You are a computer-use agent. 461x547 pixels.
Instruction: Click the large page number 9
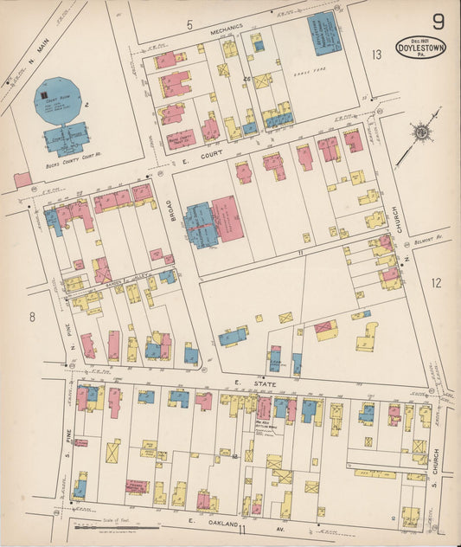(x=439, y=21)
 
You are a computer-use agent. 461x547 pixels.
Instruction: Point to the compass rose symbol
(x=421, y=132)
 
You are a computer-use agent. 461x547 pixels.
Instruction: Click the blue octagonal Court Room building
(x=56, y=100)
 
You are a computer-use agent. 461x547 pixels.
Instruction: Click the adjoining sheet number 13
(x=375, y=55)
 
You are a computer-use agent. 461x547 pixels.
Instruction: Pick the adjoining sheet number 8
(x=32, y=317)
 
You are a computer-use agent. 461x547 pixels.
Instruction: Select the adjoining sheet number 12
(x=436, y=282)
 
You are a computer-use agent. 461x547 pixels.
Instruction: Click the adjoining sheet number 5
(x=189, y=24)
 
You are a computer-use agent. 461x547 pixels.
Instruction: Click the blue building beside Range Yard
(x=323, y=35)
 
